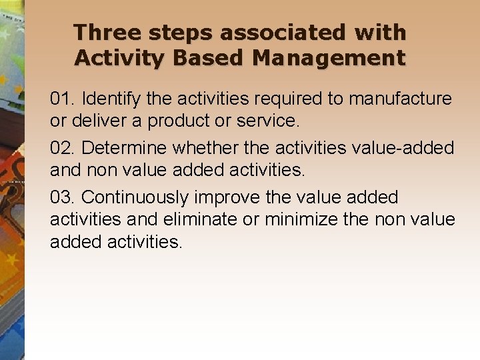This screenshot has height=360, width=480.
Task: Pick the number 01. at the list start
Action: click(63, 99)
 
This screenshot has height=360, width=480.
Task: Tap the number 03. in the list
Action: click(63, 197)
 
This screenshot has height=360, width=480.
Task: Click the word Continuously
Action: click(136, 198)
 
